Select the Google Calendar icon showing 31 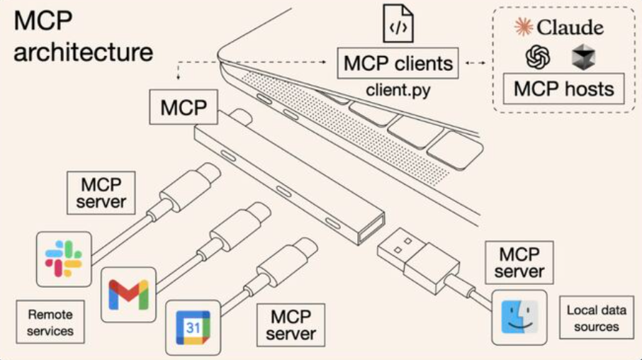(x=193, y=327)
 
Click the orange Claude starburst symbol (x=523, y=28)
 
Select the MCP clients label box (x=398, y=63)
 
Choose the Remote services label (x=50, y=322)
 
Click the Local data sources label (x=597, y=319)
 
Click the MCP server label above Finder (x=519, y=263)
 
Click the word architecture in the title (x=83, y=52)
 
